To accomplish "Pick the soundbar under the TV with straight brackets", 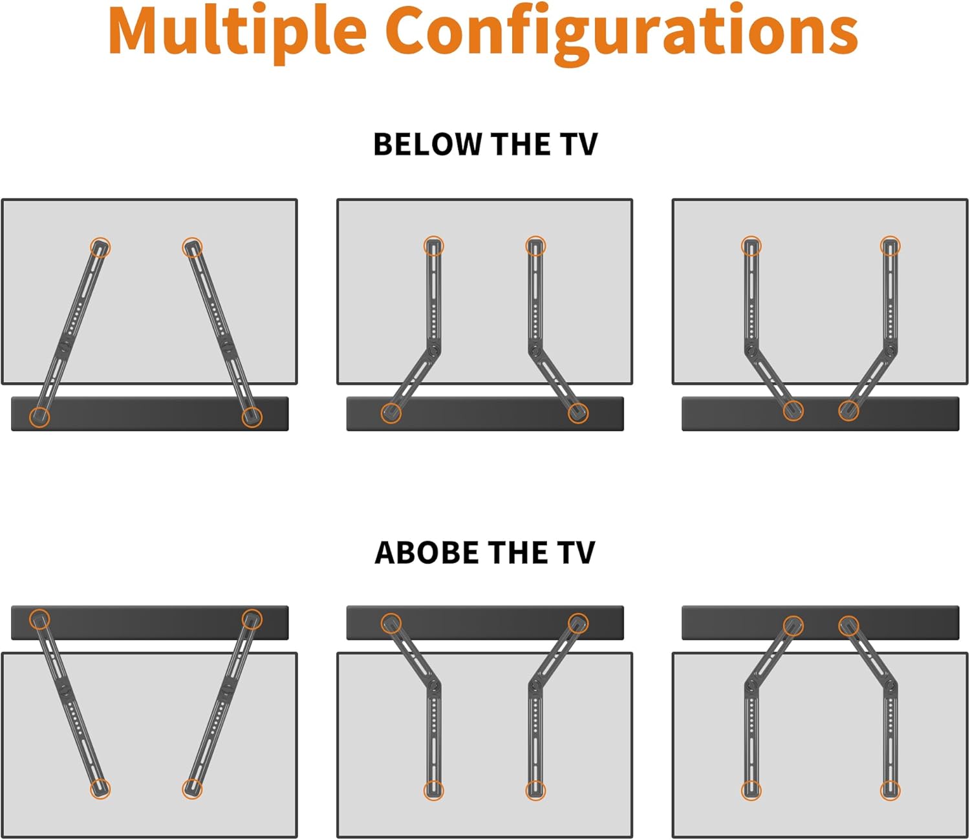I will (149, 414).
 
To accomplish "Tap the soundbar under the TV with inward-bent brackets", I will (820, 414).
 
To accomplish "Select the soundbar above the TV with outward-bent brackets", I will (485, 623).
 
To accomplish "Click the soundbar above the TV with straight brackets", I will (149, 623).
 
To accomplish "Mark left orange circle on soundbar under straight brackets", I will (39, 417).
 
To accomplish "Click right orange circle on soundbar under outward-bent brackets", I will (578, 413).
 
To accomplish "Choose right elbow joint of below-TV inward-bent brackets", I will (890, 350).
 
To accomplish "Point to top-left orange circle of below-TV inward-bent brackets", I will (751, 246).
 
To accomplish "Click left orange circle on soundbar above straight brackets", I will (39, 619).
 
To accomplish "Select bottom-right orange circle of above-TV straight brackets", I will (192, 788).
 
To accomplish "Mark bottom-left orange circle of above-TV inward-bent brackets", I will (751, 790).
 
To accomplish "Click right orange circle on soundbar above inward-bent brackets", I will (848, 625).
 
